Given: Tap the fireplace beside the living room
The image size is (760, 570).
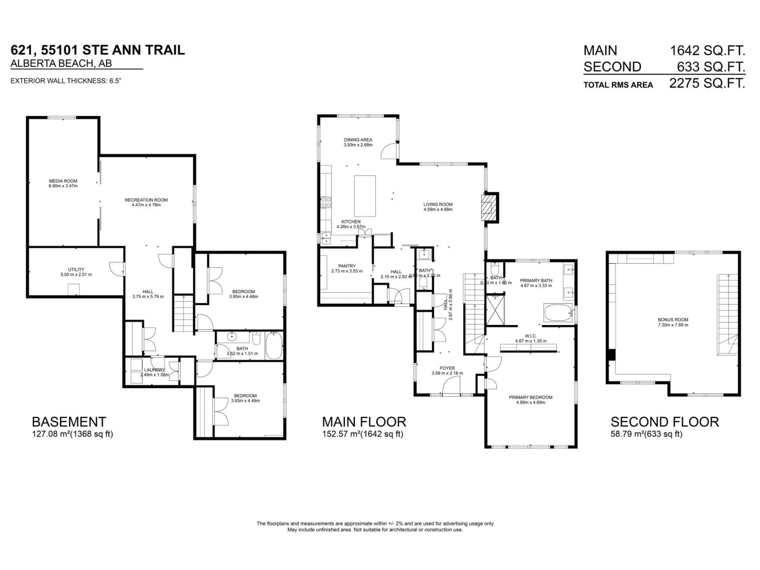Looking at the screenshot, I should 489,208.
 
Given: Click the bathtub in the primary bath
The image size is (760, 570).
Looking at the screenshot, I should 558,312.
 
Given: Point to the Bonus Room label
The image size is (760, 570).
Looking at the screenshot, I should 673,319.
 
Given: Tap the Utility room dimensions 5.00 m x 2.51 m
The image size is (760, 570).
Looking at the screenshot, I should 76,275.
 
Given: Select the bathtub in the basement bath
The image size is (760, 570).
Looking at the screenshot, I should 274,345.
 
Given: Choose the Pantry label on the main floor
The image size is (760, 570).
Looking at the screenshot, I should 347,266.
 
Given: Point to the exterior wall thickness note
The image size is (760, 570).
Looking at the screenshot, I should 66,81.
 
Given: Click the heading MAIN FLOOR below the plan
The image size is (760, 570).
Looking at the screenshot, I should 364,422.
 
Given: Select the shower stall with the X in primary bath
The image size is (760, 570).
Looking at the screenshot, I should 495,310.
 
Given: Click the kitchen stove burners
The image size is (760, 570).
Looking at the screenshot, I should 325,202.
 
